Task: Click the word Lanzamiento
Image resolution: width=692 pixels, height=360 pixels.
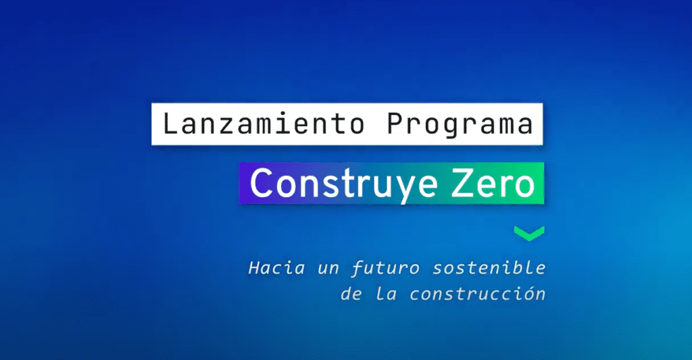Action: [264, 124]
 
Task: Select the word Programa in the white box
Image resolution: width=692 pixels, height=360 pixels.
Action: [460, 125]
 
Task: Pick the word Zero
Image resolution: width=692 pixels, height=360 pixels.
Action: [493, 182]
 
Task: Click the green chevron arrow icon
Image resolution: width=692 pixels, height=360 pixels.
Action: [529, 234]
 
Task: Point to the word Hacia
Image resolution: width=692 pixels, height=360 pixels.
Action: [276, 268]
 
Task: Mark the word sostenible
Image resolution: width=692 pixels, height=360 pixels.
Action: [489, 268]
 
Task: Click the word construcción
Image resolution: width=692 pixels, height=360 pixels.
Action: [478, 294]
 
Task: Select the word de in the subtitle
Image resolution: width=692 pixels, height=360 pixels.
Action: [351, 294]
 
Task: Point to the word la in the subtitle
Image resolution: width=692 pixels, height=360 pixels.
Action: [386, 294]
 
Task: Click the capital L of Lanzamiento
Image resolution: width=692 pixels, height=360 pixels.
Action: [170, 124]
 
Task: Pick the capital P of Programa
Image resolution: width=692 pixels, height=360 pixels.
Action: [395, 124]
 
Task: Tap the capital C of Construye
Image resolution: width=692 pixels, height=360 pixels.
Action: [262, 182]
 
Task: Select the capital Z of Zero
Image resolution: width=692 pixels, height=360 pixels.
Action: [461, 182]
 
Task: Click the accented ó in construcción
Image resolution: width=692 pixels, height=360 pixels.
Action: [518, 294]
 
